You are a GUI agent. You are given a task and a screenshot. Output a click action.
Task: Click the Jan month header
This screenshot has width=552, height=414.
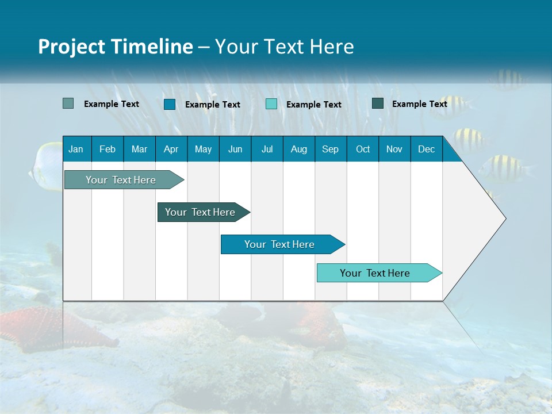(x=76, y=149)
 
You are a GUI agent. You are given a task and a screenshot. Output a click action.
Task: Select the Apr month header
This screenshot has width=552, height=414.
(x=171, y=149)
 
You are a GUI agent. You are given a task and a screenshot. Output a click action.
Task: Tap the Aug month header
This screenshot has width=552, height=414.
(x=298, y=149)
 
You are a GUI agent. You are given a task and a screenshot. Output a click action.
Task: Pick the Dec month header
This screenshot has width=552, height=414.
(x=426, y=149)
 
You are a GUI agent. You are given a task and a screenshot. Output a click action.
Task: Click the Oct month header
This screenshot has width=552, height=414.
(x=362, y=149)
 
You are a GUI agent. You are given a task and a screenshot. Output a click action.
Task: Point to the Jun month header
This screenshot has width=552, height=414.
(x=235, y=149)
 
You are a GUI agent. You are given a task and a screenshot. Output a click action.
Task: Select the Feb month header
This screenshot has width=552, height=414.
(x=107, y=149)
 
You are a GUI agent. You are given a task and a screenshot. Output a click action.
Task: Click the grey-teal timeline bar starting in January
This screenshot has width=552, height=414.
(x=121, y=180)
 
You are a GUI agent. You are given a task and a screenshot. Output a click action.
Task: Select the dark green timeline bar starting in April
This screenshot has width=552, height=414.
(x=200, y=212)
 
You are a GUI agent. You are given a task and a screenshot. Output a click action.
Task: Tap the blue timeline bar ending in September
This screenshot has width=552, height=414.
(x=279, y=244)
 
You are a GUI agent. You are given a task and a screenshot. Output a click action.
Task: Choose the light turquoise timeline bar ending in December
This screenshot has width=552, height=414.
(x=375, y=273)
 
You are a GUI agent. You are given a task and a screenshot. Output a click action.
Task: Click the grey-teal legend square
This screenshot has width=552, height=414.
(x=68, y=103)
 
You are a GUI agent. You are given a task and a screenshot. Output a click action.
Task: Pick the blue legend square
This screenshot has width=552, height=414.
(x=169, y=104)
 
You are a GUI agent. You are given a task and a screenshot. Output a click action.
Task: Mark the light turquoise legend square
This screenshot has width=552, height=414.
(x=271, y=104)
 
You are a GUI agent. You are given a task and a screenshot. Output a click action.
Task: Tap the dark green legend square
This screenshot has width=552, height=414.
(x=378, y=103)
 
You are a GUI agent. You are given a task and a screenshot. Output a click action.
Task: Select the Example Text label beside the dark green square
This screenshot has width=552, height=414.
(x=419, y=104)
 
